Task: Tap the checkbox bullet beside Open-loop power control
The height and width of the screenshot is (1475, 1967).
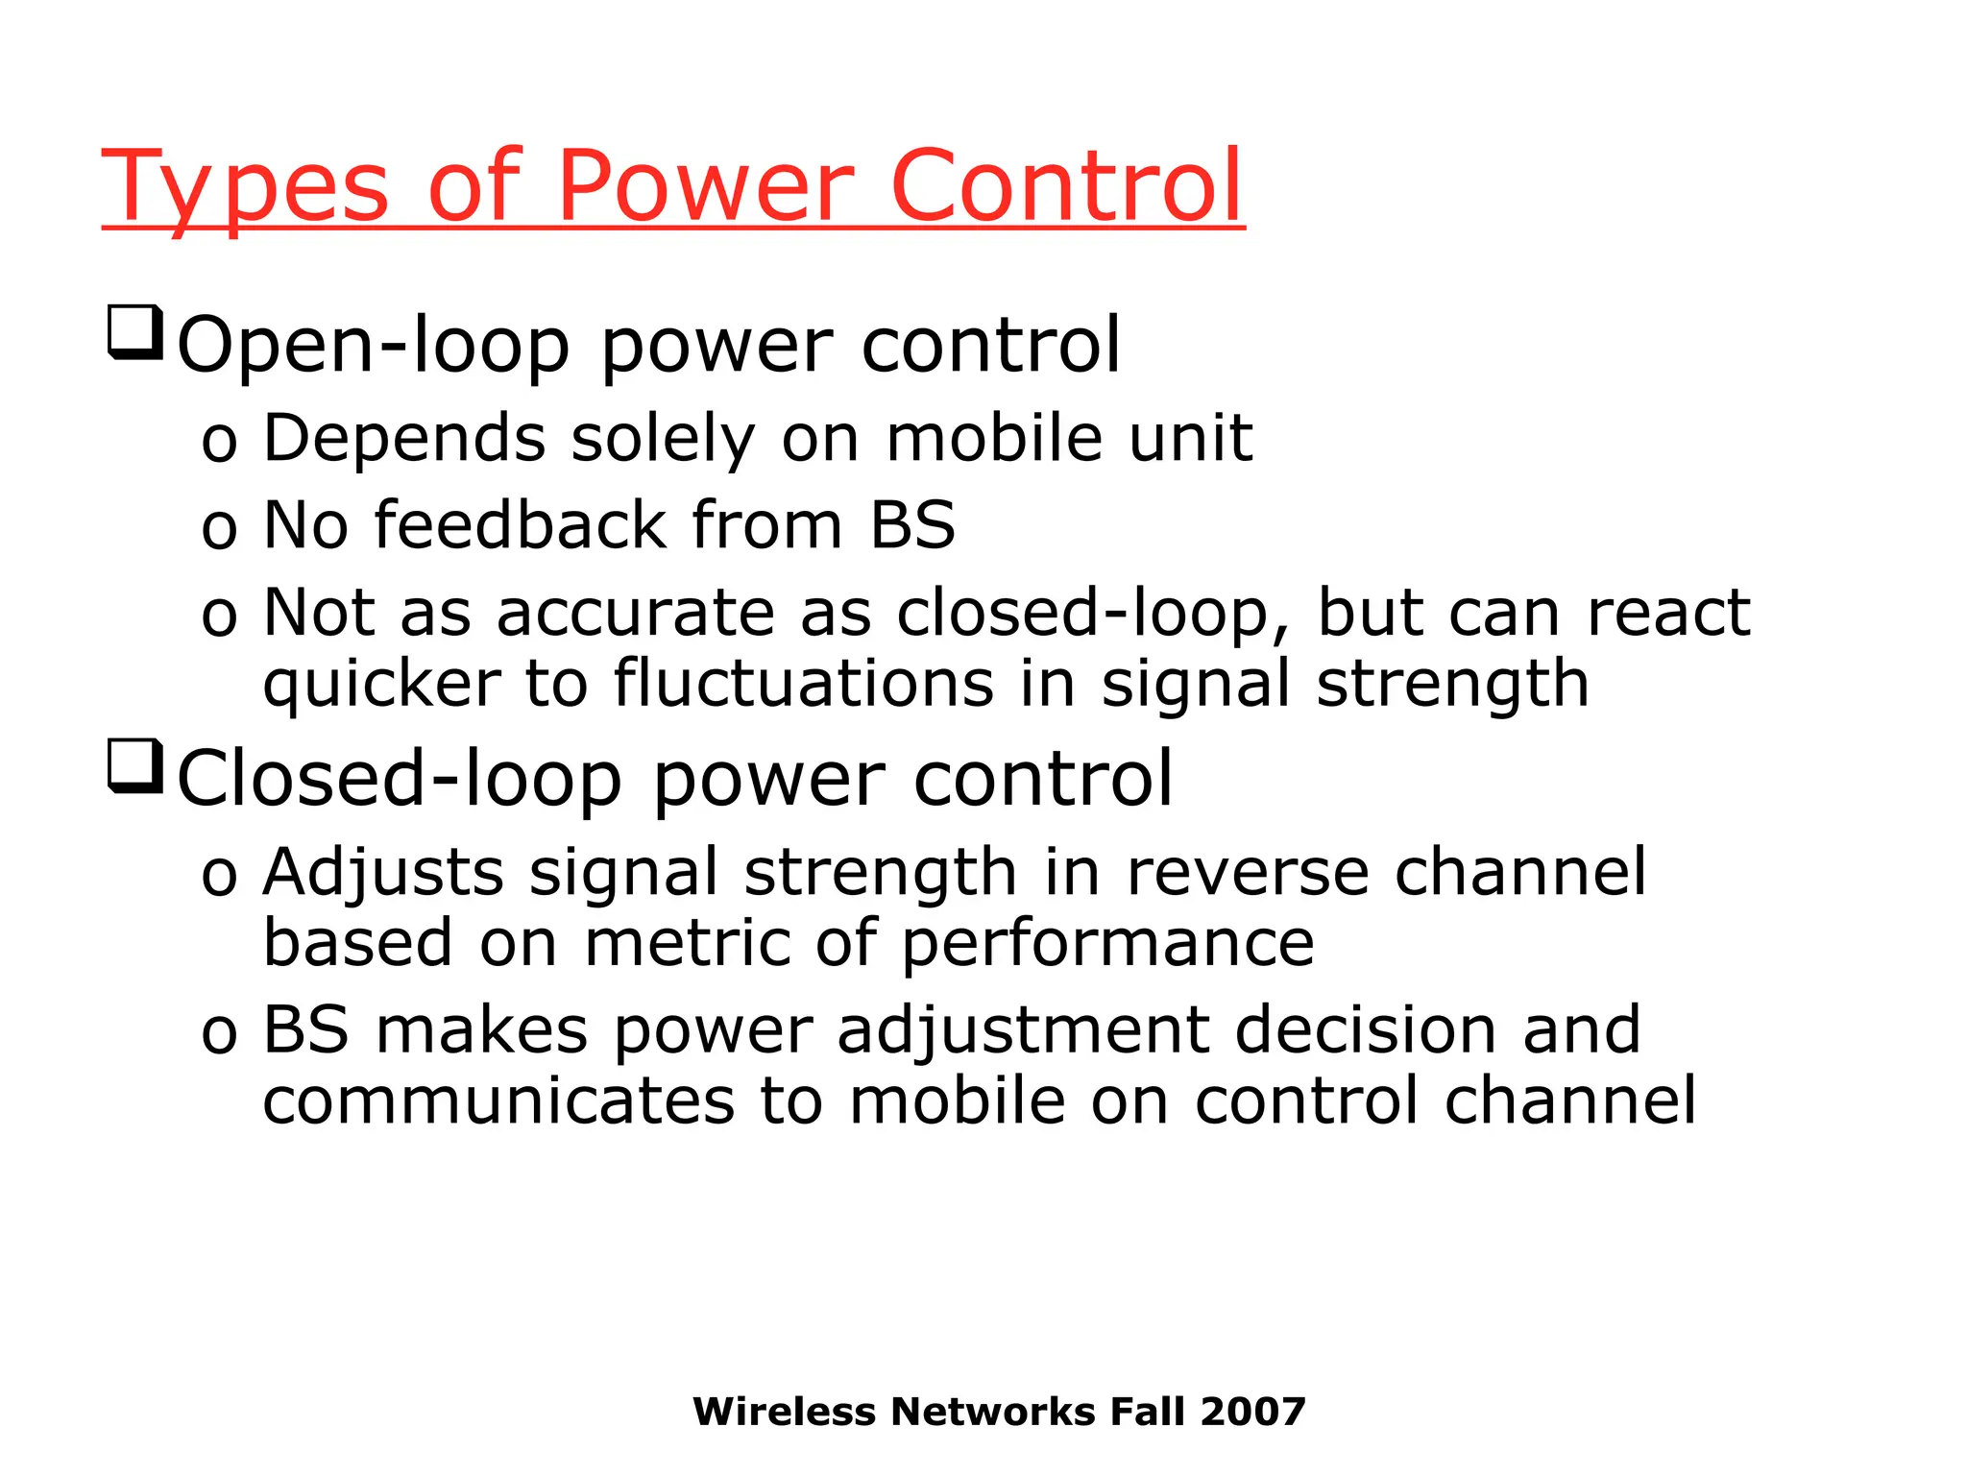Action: (134, 332)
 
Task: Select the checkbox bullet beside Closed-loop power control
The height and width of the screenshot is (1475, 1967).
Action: (134, 766)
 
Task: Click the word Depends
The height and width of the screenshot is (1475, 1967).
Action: (404, 439)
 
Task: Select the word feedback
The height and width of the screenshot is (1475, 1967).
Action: (520, 525)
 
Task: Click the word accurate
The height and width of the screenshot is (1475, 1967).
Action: (635, 613)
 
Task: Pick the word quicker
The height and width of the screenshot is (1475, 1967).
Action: (381, 684)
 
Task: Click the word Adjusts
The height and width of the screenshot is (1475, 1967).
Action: (383, 875)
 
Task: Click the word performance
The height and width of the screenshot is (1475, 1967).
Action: (1107, 945)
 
